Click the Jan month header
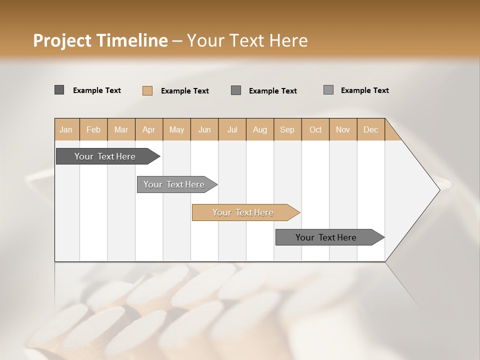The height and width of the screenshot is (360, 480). click(x=66, y=129)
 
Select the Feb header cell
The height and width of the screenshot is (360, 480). click(x=93, y=129)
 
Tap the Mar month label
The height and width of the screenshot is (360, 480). click(x=121, y=129)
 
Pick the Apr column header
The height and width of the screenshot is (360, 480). click(x=149, y=129)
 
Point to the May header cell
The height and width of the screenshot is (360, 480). click(x=176, y=129)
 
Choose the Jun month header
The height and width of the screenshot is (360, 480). click(x=204, y=129)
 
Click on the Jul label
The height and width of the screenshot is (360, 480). click(x=232, y=129)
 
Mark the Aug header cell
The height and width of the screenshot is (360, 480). click(x=260, y=129)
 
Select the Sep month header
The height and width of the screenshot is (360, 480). click(x=287, y=129)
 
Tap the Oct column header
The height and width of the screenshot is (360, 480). click(x=315, y=129)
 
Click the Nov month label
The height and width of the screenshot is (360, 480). click(x=343, y=129)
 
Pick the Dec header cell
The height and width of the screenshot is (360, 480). click(x=371, y=129)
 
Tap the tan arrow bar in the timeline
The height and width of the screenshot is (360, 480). click(x=243, y=212)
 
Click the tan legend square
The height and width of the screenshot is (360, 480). click(x=147, y=90)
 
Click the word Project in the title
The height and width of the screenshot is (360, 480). click(x=62, y=40)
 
